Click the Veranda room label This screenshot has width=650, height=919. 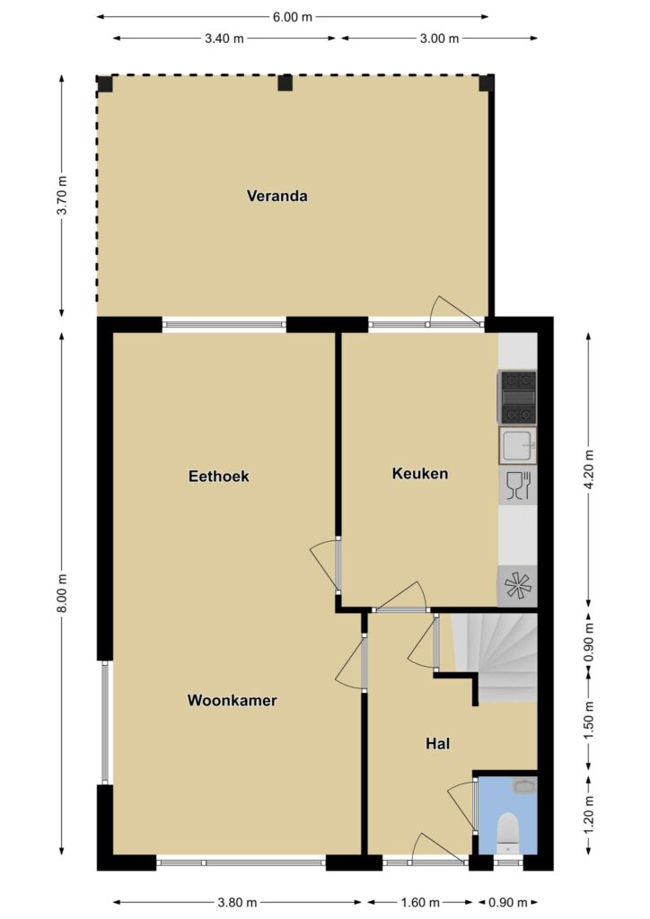277,196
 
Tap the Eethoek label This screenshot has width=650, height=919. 219,476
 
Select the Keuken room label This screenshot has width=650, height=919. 419,474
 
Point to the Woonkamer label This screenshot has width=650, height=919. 233,700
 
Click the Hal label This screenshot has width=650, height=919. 438,744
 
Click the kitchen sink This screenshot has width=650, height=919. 517,445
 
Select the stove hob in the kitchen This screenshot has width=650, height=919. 517,397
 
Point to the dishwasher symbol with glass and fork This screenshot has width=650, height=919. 518,486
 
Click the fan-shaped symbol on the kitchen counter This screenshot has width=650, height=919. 517,585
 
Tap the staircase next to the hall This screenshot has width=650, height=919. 496,656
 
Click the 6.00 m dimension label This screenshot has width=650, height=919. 293,17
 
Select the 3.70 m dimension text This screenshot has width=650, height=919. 62,196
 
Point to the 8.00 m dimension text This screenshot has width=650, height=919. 62,593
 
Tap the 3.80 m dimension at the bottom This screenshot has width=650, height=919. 237,903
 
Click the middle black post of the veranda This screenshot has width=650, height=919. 285,83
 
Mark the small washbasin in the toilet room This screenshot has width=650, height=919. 524,785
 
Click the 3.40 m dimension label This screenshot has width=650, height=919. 224,39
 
